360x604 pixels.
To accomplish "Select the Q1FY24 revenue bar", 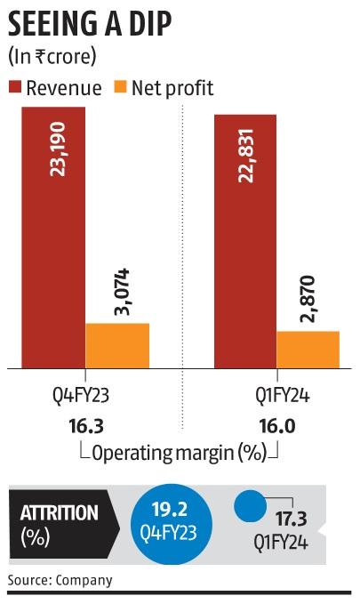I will coord(244,240).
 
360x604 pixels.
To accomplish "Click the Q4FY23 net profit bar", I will coord(116,345).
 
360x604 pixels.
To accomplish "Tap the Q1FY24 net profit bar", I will coord(308,349).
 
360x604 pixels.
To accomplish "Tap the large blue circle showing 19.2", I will coord(172,524).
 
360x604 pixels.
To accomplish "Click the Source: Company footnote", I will coord(60,581).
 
